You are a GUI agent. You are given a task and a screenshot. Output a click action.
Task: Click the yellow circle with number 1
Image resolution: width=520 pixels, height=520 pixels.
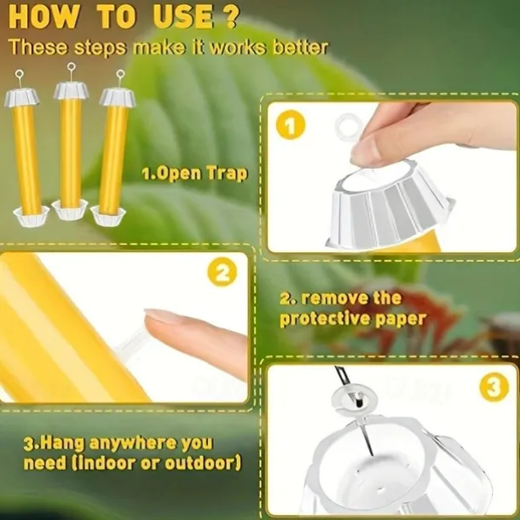pos(291,128)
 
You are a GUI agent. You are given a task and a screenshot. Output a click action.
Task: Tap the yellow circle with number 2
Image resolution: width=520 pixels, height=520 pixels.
pos(222,273)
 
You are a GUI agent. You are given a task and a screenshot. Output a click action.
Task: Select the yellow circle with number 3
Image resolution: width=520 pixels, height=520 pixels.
pos(494,388)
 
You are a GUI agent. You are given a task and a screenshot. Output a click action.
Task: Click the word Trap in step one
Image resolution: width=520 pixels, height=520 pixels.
pos(226,174)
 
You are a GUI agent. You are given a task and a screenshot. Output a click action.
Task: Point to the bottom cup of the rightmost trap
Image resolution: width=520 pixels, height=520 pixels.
pos(108,217)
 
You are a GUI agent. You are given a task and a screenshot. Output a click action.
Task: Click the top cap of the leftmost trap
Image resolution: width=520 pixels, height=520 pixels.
pos(21,96)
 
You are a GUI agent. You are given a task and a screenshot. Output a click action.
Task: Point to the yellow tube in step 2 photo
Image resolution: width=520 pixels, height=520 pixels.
pos(60,332)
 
